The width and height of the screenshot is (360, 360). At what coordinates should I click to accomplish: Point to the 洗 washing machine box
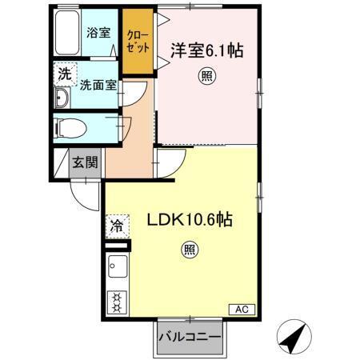click(64, 74)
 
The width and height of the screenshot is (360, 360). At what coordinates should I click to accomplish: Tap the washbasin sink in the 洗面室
click(62, 99)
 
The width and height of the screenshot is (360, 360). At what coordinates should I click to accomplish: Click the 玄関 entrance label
click(86, 162)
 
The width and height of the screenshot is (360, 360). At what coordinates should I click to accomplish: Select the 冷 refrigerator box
click(116, 226)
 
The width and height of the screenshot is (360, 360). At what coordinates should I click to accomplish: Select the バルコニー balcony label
click(189, 337)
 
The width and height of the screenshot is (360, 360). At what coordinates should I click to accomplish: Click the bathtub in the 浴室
click(67, 34)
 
